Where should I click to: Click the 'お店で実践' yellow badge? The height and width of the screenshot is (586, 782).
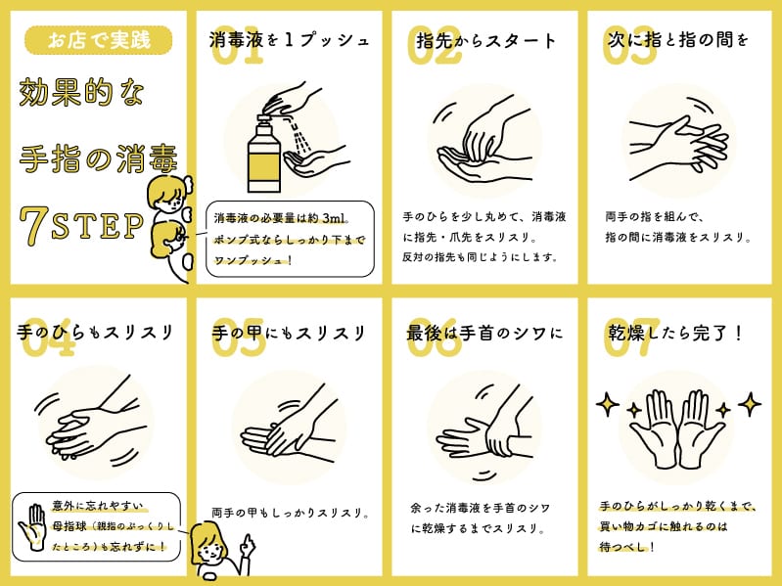[x=98, y=40]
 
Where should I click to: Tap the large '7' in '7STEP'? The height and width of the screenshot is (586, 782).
[x=34, y=226]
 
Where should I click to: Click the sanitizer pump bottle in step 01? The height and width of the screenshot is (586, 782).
[x=264, y=154]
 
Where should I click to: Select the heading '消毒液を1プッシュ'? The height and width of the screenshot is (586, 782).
[x=290, y=40]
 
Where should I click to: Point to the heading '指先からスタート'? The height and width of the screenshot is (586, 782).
[x=485, y=40]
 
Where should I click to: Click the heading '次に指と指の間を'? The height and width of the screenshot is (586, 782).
[x=678, y=39]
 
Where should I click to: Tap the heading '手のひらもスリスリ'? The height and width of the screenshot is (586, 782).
[x=95, y=333]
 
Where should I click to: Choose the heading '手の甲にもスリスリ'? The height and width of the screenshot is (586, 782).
[x=289, y=333]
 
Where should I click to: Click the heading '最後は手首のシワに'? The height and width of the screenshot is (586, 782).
[x=484, y=333]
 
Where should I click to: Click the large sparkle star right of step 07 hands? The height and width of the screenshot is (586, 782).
[x=750, y=404]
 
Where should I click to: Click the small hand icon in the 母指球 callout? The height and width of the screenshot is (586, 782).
[x=32, y=527]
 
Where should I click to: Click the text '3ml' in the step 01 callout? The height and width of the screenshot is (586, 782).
[x=334, y=218]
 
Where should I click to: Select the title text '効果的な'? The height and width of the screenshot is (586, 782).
[x=81, y=93]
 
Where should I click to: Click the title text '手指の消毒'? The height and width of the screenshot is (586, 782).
[x=98, y=158]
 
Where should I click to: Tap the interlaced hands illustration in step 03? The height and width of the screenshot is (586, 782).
[x=678, y=141]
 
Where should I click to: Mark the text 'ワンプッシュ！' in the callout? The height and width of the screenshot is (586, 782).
[x=253, y=260]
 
